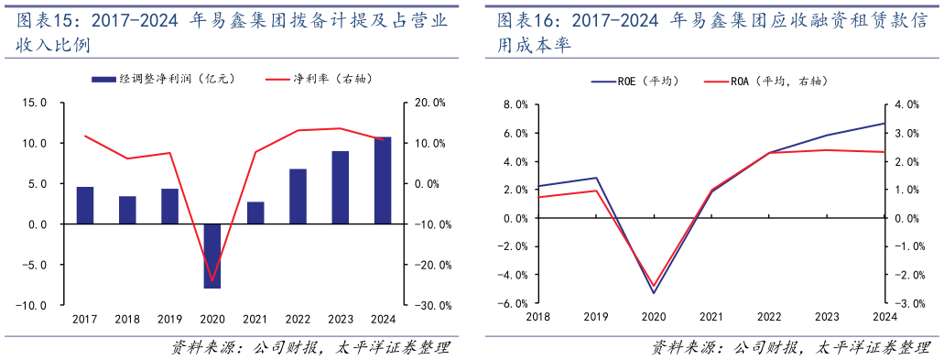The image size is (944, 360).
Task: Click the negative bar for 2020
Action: (212, 256)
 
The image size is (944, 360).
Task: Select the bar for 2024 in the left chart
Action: (382, 180)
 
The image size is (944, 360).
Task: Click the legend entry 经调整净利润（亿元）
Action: (164, 80)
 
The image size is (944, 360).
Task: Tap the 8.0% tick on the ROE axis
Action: (515, 104)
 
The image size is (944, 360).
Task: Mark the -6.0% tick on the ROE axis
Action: (514, 303)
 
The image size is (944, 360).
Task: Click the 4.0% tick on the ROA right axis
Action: (910, 104)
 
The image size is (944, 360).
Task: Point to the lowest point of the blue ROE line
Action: (653, 293)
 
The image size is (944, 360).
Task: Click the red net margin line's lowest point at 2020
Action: (212, 280)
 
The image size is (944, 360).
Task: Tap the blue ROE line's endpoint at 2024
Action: (884, 123)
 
